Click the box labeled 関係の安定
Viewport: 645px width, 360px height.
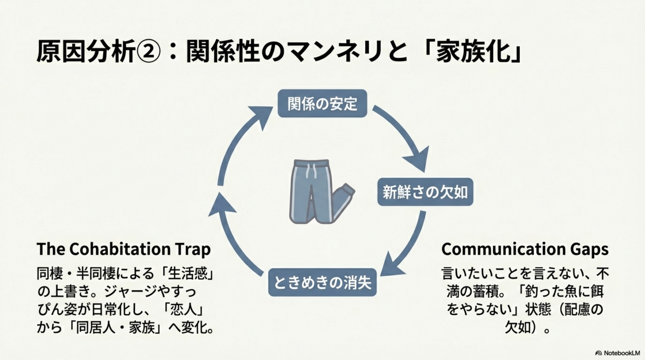(x=322, y=103)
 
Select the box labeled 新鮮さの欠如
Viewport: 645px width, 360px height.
(x=425, y=192)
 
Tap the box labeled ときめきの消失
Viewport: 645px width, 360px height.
(x=322, y=282)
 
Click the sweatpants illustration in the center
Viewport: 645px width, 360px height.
(x=319, y=191)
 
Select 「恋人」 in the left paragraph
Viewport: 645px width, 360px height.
(x=183, y=310)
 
